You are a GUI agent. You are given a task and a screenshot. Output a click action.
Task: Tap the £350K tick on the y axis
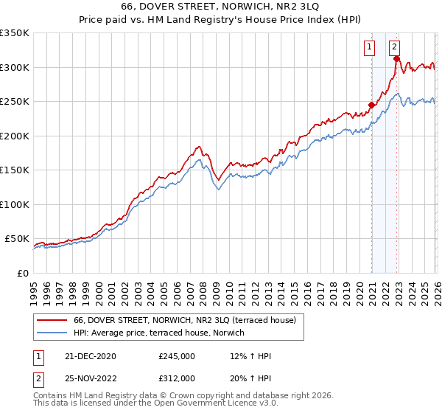tap(14, 33)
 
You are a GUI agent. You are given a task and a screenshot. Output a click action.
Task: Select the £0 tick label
tap(22, 273)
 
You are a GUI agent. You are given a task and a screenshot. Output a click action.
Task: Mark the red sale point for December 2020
tap(371, 105)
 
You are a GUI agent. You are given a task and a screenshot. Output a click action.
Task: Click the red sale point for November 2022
tap(396, 60)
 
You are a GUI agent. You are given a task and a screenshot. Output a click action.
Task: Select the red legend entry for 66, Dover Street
tap(184, 320)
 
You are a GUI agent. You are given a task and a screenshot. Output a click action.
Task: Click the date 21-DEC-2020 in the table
tap(90, 356)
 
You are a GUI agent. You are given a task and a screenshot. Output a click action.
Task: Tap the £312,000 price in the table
tap(177, 378)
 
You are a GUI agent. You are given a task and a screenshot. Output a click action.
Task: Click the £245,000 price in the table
tap(177, 356)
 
